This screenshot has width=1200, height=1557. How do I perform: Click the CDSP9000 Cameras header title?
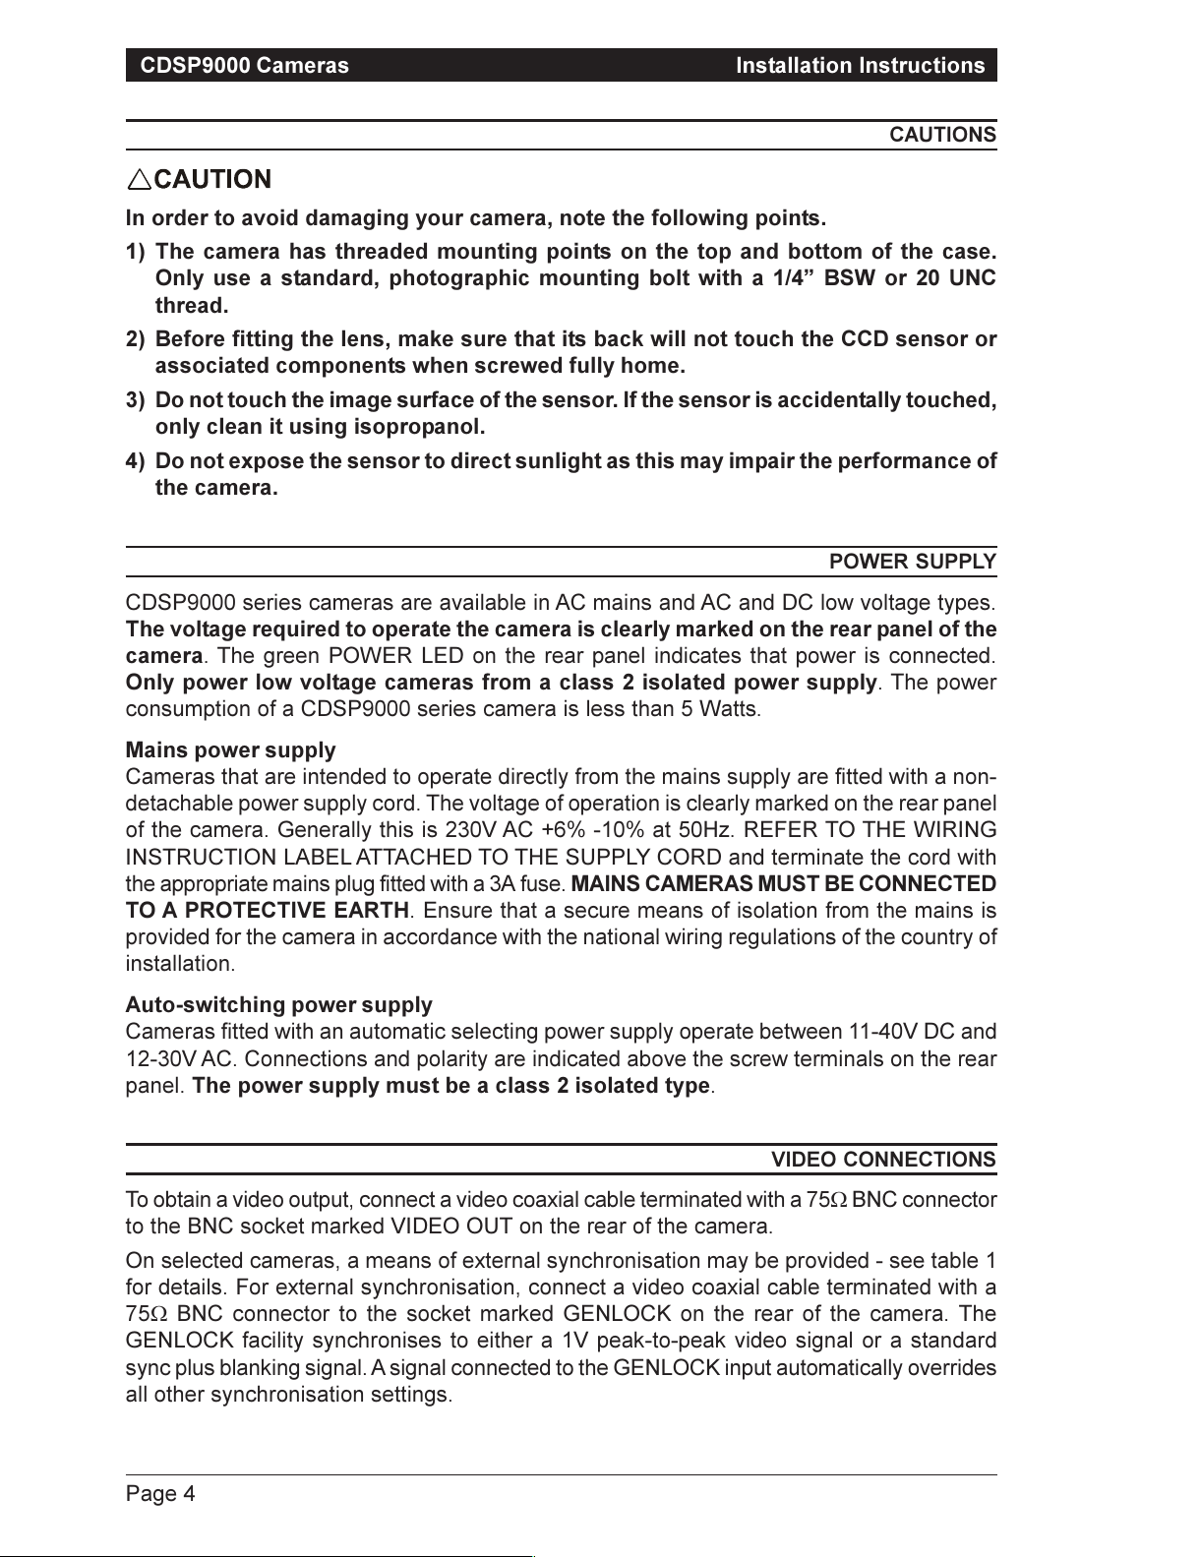[x=244, y=66]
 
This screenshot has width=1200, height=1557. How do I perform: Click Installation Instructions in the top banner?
[x=860, y=66]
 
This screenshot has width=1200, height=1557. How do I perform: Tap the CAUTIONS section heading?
[x=942, y=135]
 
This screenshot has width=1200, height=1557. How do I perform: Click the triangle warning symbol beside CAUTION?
[x=139, y=179]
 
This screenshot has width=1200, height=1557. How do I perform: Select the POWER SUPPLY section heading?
[x=913, y=562]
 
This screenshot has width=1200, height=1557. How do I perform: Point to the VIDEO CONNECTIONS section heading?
[x=883, y=1160]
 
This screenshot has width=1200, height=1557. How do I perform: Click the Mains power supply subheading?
[x=230, y=751]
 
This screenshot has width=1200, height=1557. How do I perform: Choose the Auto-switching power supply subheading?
[x=278, y=1005]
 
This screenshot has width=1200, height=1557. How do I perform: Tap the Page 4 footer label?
[x=160, y=1495]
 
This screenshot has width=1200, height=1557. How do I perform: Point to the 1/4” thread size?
[x=793, y=278]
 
